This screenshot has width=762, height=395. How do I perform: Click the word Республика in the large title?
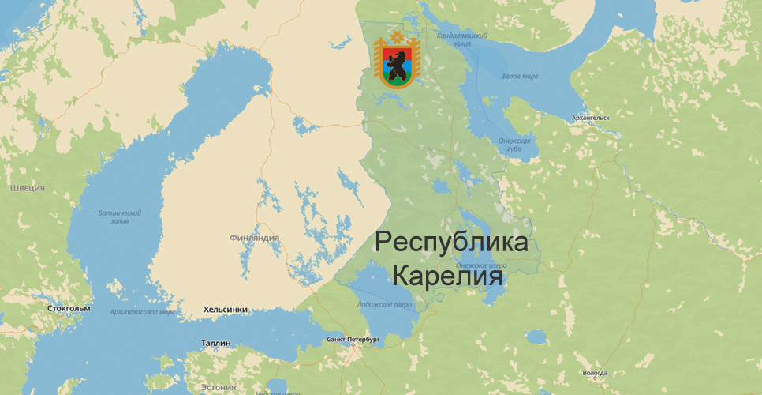451,243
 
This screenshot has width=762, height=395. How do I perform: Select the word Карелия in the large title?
447,278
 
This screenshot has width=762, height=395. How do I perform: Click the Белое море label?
520,76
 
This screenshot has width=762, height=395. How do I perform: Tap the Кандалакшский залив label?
463,40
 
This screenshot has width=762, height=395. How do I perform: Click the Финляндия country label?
255,237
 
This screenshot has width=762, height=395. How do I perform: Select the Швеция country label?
27,188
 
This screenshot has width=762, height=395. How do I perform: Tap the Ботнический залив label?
119,216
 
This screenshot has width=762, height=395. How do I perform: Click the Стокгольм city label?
69,308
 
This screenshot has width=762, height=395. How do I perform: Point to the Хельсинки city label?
226,310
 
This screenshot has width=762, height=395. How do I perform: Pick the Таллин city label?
215,344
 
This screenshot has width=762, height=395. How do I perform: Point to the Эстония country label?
218,387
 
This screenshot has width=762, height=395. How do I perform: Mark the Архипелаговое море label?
144,312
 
